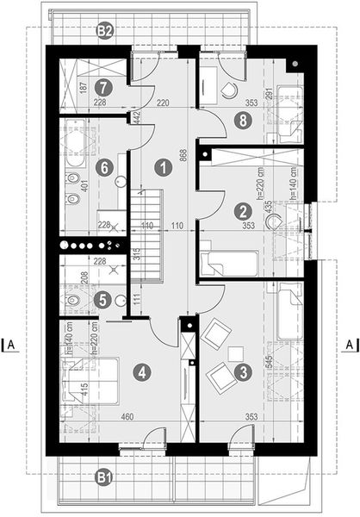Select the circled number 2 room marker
244,209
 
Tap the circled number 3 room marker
244,372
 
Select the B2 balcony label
105,32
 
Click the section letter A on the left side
12,345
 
